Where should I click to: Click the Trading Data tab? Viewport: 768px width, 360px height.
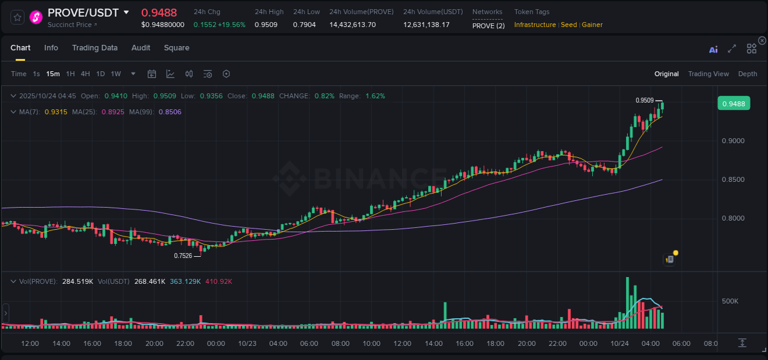(x=95, y=48)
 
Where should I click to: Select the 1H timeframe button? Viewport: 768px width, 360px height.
(x=71, y=74)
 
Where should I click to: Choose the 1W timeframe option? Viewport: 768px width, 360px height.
(x=116, y=74)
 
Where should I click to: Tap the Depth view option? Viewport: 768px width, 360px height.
(x=748, y=74)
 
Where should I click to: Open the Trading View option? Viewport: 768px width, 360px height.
(x=708, y=74)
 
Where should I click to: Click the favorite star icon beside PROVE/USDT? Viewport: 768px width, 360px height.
(x=18, y=17)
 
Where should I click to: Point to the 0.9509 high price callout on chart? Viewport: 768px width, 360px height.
(x=645, y=100)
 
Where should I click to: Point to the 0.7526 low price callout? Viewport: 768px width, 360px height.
(x=183, y=256)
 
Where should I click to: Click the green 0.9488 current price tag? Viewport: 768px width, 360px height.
(x=734, y=104)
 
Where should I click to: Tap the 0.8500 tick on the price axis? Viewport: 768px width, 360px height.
(x=733, y=180)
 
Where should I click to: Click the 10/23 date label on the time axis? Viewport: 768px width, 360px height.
(x=247, y=343)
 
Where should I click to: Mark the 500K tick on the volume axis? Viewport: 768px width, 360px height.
(x=730, y=302)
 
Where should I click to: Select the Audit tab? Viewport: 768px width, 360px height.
(x=141, y=48)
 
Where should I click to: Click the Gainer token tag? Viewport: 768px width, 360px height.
(x=592, y=25)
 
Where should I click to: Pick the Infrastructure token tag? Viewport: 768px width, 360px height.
(x=535, y=25)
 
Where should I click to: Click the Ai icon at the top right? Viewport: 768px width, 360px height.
(x=713, y=49)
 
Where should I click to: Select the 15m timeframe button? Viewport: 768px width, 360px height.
(x=53, y=74)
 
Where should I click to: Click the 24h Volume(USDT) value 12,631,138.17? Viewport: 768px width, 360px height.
(x=426, y=25)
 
